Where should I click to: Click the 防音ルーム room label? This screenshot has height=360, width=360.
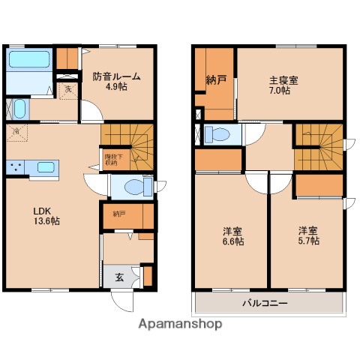117,76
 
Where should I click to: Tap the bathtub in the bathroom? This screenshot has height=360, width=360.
28,60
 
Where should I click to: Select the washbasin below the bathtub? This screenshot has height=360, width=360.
19,109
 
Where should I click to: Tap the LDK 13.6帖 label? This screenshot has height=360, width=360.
46,215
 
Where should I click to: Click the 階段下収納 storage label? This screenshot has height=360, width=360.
111,160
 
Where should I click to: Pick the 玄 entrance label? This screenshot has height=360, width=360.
120,277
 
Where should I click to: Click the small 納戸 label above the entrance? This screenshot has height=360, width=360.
121,214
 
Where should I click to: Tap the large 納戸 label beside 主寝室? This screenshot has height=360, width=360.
216,79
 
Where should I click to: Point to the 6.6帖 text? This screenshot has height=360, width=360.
232,241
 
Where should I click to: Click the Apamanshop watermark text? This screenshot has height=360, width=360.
180,325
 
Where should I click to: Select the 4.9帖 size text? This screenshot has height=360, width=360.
116,87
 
